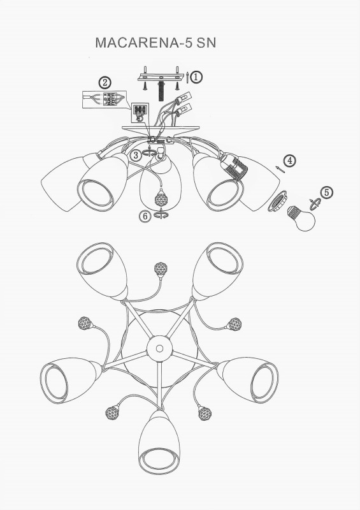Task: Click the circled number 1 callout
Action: click(196, 77)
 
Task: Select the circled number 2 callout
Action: click(104, 83)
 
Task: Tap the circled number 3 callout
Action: click(136, 155)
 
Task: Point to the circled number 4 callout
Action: click(289, 161)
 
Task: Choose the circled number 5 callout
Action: click(326, 193)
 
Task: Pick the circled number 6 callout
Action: click(145, 216)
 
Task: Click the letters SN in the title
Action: click(206, 43)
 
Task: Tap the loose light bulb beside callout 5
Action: click(301, 218)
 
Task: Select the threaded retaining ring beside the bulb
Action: click(277, 201)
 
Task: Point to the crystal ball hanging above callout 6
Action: click(161, 197)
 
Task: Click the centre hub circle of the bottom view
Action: click(159, 349)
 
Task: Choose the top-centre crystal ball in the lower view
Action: click(161, 270)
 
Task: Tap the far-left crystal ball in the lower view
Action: click(85, 323)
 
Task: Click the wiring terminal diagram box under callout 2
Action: click(104, 99)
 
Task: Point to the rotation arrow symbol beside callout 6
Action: click(161, 215)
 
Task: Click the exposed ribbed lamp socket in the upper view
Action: click(235, 166)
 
